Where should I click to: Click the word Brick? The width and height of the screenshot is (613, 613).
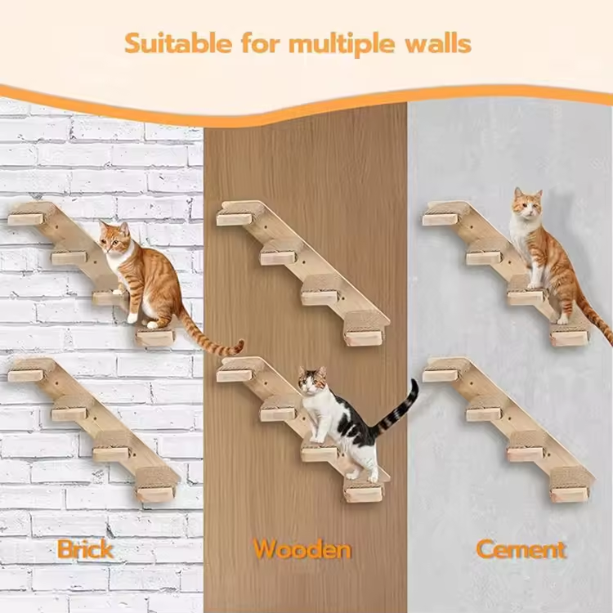tap(85, 548)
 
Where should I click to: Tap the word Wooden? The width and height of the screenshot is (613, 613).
tap(302, 548)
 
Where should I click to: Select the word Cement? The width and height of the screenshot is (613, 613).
tap(521, 549)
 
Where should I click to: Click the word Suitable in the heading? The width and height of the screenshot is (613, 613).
tap(178, 43)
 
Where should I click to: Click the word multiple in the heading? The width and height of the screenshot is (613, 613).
tap(342, 44)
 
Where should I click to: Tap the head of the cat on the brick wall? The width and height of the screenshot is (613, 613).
tap(114, 239)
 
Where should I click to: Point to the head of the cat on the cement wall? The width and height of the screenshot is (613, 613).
tap(527, 204)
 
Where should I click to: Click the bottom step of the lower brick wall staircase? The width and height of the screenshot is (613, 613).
tap(155, 494)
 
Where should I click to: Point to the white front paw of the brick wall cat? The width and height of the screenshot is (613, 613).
tap(133, 318)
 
